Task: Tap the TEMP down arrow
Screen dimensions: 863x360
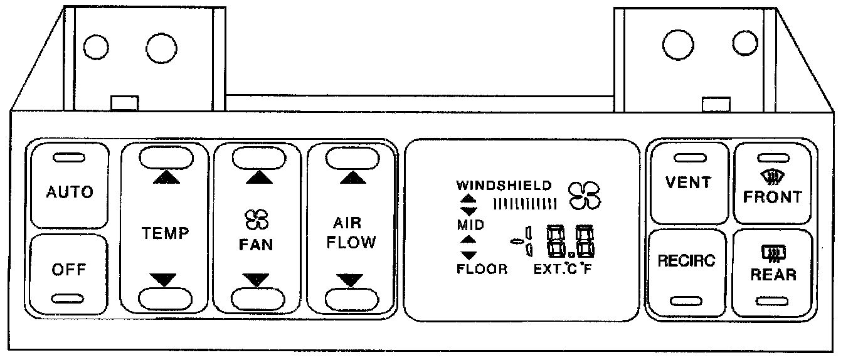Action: click(x=166, y=280)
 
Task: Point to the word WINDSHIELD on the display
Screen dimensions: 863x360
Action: click(x=504, y=186)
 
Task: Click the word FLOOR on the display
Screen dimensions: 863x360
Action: click(x=482, y=270)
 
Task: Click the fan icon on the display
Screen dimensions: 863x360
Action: click(x=584, y=195)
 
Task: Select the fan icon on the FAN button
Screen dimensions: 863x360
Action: click(x=256, y=220)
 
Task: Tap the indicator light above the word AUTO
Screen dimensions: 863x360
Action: click(x=69, y=157)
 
